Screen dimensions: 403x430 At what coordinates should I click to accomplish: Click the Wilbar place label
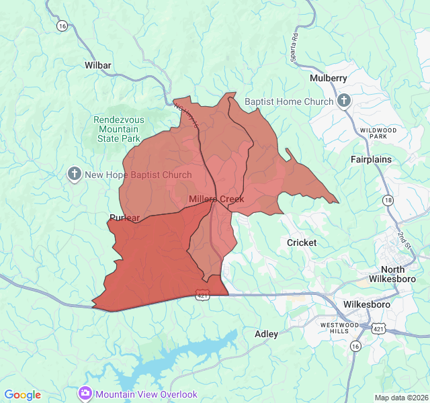(x=98, y=65)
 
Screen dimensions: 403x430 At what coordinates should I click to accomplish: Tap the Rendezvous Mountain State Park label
(x=118, y=129)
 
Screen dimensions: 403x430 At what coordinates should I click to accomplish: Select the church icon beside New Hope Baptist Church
(x=75, y=175)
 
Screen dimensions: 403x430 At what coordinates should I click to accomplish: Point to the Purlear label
(x=124, y=218)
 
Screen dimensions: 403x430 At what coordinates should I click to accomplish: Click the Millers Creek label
(x=216, y=199)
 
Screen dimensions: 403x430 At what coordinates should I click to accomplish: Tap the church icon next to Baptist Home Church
(x=344, y=101)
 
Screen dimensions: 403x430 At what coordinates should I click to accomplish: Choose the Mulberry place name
(x=329, y=78)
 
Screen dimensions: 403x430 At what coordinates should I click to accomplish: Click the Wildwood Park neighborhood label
(x=378, y=132)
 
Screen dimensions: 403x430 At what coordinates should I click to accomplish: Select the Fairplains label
(x=371, y=160)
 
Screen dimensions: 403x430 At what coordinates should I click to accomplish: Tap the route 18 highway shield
(x=388, y=200)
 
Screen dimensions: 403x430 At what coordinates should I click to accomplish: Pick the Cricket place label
(x=302, y=242)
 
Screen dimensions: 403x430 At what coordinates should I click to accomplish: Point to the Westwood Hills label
(x=336, y=328)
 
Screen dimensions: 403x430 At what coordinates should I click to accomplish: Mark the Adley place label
(x=266, y=334)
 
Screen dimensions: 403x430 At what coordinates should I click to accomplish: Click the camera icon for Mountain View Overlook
(x=85, y=394)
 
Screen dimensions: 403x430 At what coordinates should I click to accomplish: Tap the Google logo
(x=22, y=395)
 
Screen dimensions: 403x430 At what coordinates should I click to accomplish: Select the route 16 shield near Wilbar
(x=62, y=25)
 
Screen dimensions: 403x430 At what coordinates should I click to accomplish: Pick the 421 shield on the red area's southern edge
(x=202, y=294)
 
